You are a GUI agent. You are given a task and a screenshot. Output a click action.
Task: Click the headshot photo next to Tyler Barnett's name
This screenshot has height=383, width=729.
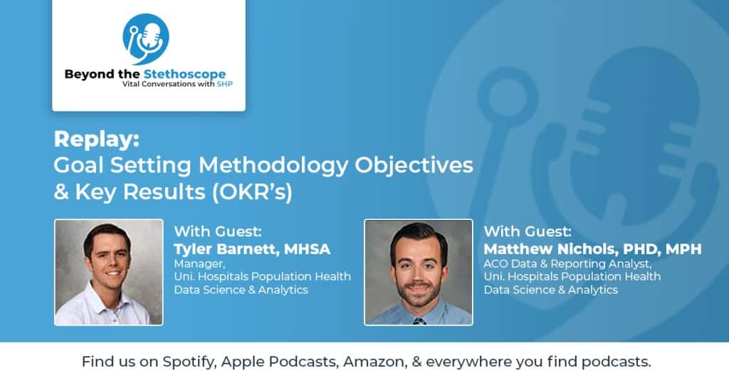[x=108, y=272]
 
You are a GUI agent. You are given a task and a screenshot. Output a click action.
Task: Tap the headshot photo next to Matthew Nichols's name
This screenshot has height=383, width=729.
[x=418, y=272]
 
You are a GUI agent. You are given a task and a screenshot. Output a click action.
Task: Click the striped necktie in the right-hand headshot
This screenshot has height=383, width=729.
[x=419, y=320]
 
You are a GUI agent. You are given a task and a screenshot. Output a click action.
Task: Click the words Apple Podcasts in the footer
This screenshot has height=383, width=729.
[x=279, y=362]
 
